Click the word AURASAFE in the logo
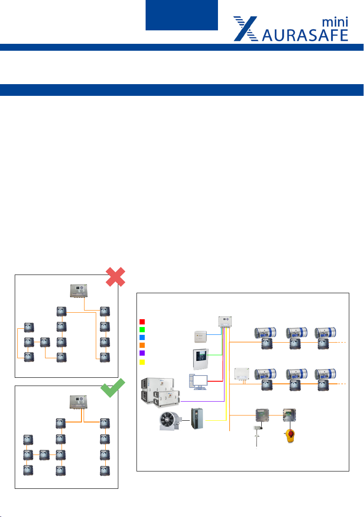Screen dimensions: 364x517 coord(305,36)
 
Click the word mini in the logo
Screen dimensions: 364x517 coord(335,22)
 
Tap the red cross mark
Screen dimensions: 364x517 coord(115,277)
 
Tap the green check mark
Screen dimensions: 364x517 coord(113,388)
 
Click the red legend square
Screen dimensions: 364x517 coord(142,321)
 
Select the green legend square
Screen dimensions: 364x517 coord(142,329)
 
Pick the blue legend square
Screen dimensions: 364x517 coord(142,337)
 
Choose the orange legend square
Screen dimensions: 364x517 coord(142,345)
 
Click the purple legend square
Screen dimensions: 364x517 coord(142,353)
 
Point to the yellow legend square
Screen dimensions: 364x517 coord(142,362)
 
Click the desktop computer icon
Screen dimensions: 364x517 coord(198,382)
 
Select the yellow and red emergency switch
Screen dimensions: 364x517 coord(289,435)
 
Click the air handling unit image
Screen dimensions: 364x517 coord(160,393)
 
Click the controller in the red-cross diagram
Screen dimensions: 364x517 coord(79,291)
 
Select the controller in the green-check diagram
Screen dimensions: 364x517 coord(79,402)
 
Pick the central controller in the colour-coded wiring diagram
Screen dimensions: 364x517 coord(225,321)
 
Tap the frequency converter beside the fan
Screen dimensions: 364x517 coord(197,418)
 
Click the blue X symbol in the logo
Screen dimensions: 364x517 coord(246,29)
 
